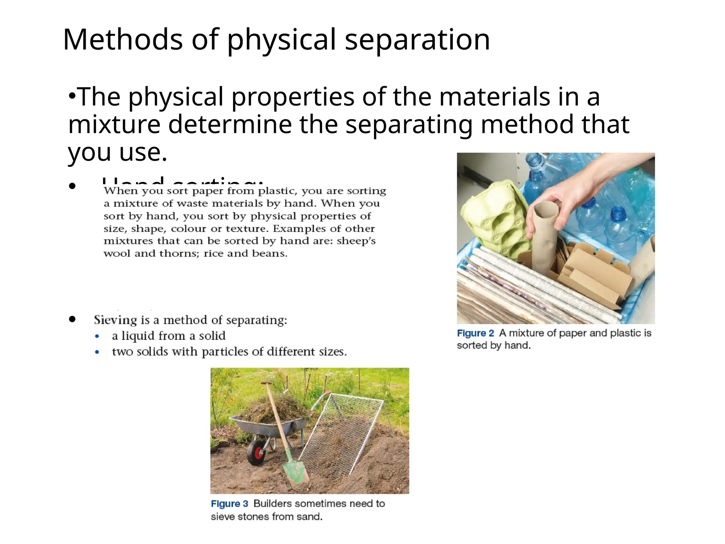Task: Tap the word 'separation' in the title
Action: click(417, 40)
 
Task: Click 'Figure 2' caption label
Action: click(475, 333)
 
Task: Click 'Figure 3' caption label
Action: click(229, 504)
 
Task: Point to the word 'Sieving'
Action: click(115, 320)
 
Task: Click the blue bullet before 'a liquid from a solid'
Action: click(97, 336)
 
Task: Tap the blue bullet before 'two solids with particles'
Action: click(97, 352)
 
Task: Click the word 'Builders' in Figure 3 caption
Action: click(273, 504)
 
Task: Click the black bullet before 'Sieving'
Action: click(73, 319)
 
